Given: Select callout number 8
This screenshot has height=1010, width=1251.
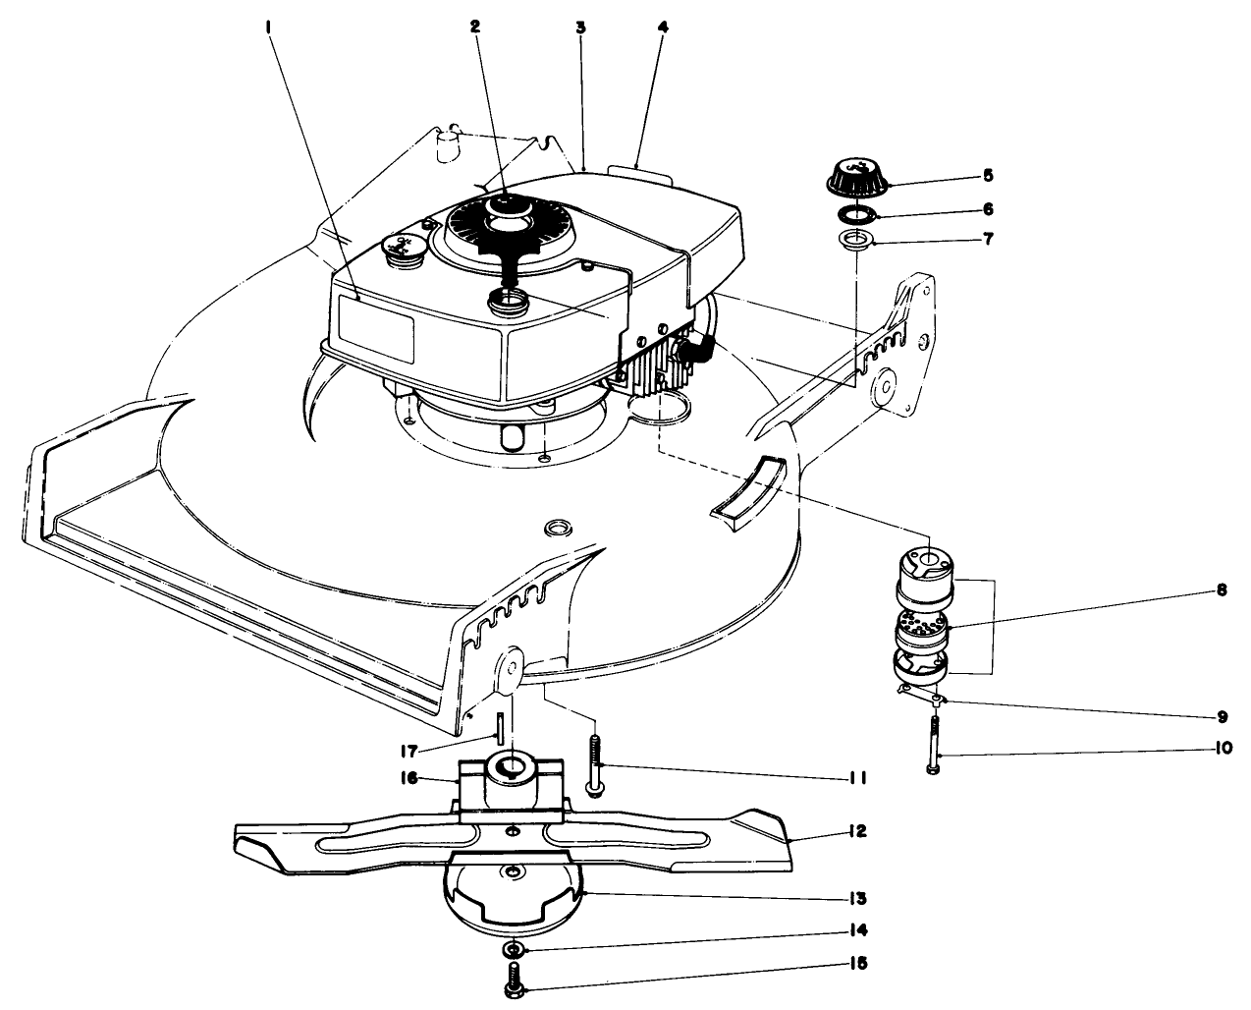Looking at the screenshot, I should (1221, 591).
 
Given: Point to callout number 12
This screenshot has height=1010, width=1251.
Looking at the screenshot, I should (857, 831).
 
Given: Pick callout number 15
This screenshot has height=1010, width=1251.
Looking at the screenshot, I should (857, 964).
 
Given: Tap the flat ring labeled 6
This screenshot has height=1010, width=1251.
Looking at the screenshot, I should (855, 214).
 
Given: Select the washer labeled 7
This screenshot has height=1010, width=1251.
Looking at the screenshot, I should (856, 242).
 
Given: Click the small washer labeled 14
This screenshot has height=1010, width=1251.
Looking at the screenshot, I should (512, 950).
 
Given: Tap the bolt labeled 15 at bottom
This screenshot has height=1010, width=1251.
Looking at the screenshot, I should (513, 980).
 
